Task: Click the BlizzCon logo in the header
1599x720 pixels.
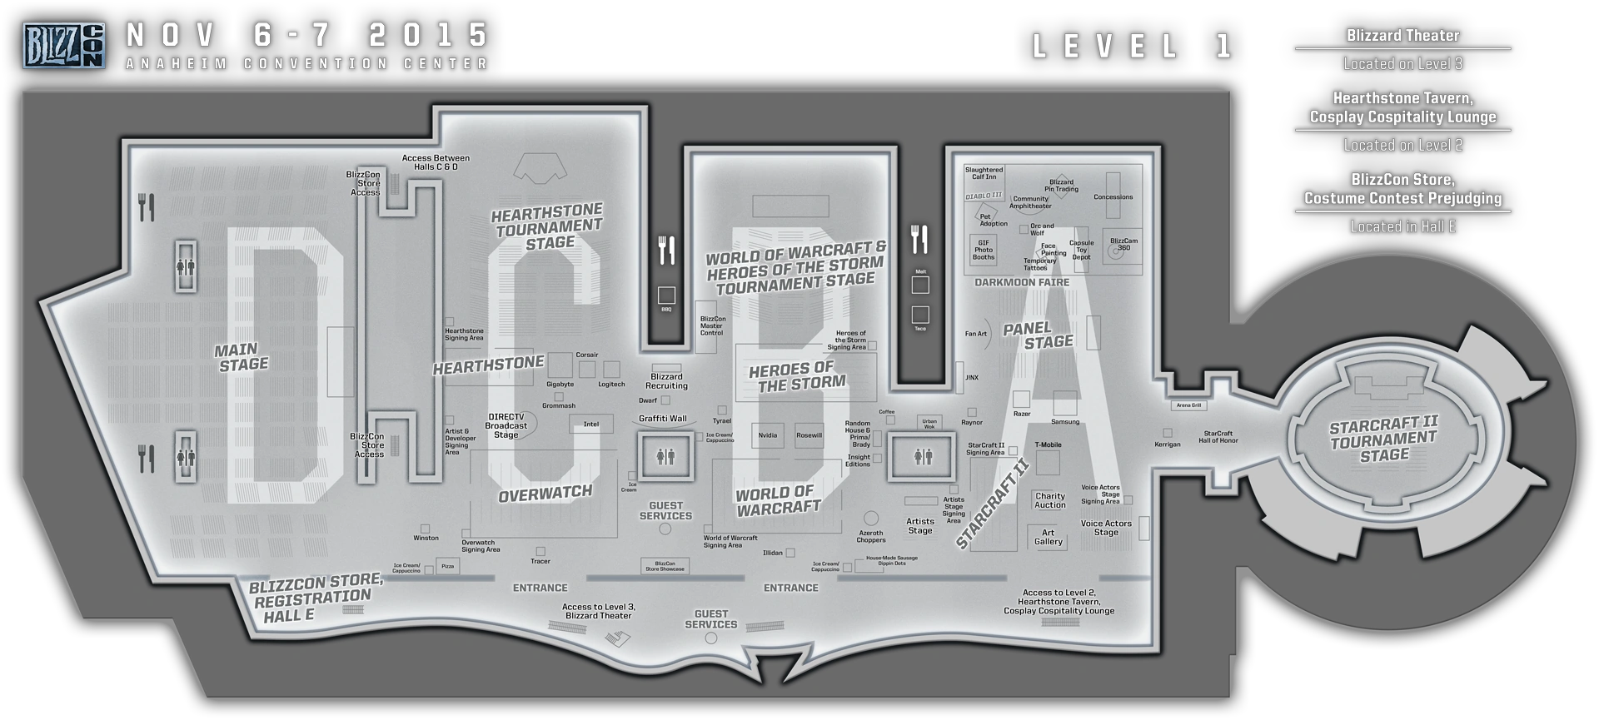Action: [63, 46]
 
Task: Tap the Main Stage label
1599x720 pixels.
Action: [242, 357]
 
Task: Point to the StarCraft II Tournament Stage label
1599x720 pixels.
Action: [1383, 440]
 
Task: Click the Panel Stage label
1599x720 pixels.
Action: [1038, 335]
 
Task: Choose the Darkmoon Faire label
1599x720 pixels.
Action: [1022, 282]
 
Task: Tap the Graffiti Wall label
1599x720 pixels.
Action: [663, 419]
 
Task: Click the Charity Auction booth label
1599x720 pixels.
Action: [1049, 500]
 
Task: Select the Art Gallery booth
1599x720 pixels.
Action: [1048, 537]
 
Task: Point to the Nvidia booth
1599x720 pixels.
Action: [767, 435]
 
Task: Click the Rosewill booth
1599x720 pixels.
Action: [809, 435]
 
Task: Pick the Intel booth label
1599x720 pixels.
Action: [591, 425]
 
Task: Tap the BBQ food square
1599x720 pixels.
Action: [666, 295]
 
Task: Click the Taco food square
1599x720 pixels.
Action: [920, 315]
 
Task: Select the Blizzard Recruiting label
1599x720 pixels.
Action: [666, 381]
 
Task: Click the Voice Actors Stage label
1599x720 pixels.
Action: [1106, 528]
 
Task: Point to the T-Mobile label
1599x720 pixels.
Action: [1048, 445]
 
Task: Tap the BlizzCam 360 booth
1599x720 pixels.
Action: [1123, 244]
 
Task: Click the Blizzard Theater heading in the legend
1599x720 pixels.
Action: [1402, 36]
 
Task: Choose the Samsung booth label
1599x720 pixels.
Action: [1065, 422]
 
